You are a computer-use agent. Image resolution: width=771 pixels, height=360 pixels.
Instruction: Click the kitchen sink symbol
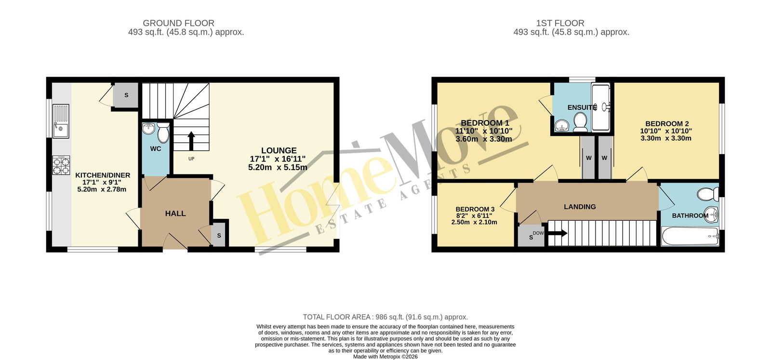[61, 121]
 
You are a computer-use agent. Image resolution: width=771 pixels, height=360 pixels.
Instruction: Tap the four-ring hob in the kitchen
[61, 165]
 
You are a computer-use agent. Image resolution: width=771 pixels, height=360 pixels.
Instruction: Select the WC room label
[156, 149]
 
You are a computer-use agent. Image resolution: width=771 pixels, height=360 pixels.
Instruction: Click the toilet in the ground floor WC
[163, 133]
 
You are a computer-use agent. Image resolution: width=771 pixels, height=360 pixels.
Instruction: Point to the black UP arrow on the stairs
[191, 141]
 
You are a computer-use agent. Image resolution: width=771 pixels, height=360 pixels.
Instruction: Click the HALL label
[175, 213]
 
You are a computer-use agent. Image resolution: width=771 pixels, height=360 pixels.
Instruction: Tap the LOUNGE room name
[279, 150]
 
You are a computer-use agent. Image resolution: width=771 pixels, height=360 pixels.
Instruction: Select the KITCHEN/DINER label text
[103, 175]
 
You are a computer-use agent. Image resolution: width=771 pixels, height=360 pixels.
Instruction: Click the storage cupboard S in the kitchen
[126, 95]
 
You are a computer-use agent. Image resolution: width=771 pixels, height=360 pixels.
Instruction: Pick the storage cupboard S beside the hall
[219, 235]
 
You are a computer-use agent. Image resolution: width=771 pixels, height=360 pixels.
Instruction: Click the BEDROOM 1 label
[485, 123]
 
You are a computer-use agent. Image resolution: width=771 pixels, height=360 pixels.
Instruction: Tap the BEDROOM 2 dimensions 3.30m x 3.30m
[666, 138]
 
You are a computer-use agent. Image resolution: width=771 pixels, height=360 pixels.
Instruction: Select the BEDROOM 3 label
[475, 209]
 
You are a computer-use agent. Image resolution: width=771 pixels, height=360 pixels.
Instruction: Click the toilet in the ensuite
[581, 122]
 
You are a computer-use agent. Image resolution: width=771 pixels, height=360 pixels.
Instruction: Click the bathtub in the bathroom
[690, 236]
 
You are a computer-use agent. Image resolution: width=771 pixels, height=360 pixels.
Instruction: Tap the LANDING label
[580, 207]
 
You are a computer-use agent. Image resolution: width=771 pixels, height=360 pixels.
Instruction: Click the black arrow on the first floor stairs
[558, 233]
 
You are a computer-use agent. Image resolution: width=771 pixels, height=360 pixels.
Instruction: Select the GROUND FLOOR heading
[179, 23]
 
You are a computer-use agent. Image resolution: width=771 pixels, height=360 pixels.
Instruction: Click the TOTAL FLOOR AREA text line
[385, 317]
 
